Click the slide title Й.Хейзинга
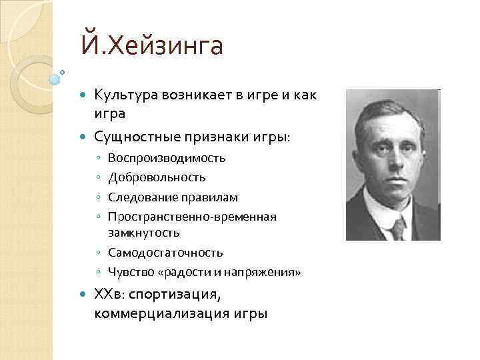pyautogui.click(x=152, y=47)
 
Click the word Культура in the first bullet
pyautogui.click(x=125, y=96)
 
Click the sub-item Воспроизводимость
pyautogui.click(x=167, y=159)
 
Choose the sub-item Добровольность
pyautogui.click(x=157, y=178)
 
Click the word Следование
pyautogui.click(x=138, y=198)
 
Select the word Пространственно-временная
pyautogui.click(x=192, y=217)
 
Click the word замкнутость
pyautogui.click(x=143, y=233)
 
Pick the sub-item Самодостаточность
pyautogui.click(x=165, y=253)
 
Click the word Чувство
pyautogui.click(x=127, y=273)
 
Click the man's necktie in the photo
pyautogui.click(x=397, y=229)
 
